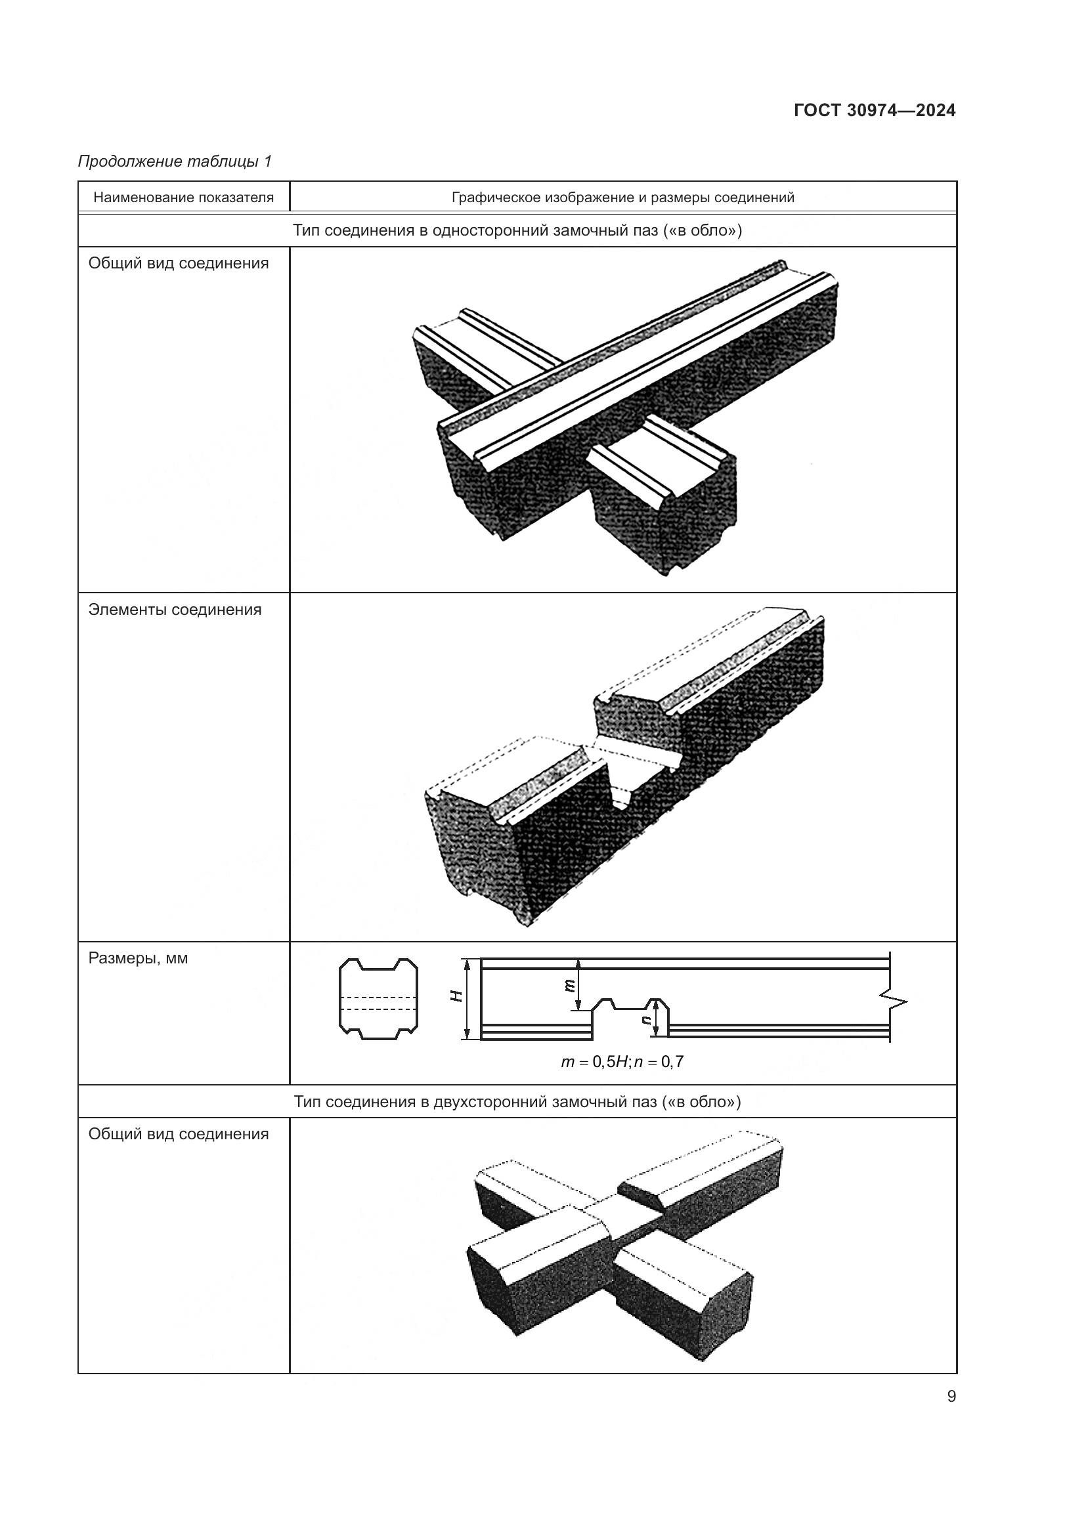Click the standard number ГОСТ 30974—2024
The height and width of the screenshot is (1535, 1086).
pos(874,111)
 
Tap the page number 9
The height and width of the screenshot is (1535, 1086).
pos(951,1397)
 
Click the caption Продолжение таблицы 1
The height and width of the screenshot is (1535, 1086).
pos(175,162)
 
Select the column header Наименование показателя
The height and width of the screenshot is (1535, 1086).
pos(183,198)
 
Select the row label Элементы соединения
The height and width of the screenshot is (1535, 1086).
pos(175,610)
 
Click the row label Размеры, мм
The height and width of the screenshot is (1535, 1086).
pos(138,959)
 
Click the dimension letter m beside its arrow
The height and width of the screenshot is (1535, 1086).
pos(569,985)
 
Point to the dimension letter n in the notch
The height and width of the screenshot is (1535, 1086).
pos(646,1020)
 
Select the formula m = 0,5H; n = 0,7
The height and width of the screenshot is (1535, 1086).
pos(622,1062)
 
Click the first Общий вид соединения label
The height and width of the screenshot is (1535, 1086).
pos(179,263)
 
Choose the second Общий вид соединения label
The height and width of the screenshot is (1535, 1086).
pos(179,1135)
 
